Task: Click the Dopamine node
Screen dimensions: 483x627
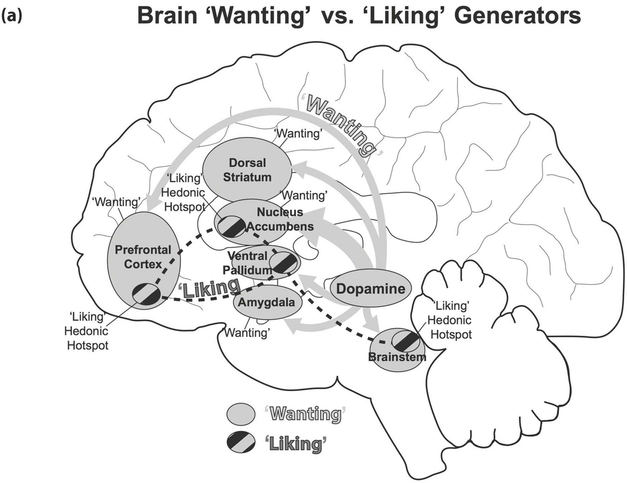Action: pyautogui.click(x=370, y=289)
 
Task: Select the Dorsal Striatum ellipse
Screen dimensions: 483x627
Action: pyautogui.click(x=247, y=170)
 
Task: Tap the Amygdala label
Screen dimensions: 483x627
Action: pyautogui.click(x=266, y=303)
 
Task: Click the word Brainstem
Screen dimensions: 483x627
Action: pyautogui.click(x=397, y=357)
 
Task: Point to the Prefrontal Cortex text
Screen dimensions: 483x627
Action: pyautogui.click(x=143, y=257)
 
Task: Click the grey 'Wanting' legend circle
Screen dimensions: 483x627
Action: pyautogui.click(x=241, y=414)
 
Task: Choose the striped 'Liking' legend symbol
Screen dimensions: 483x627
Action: pyautogui.click(x=241, y=444)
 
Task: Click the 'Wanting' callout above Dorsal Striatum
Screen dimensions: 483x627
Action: pyautogui.click(x=298, y=133)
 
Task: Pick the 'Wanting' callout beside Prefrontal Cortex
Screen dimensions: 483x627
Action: pyautogui.click(x=116, y=202)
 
